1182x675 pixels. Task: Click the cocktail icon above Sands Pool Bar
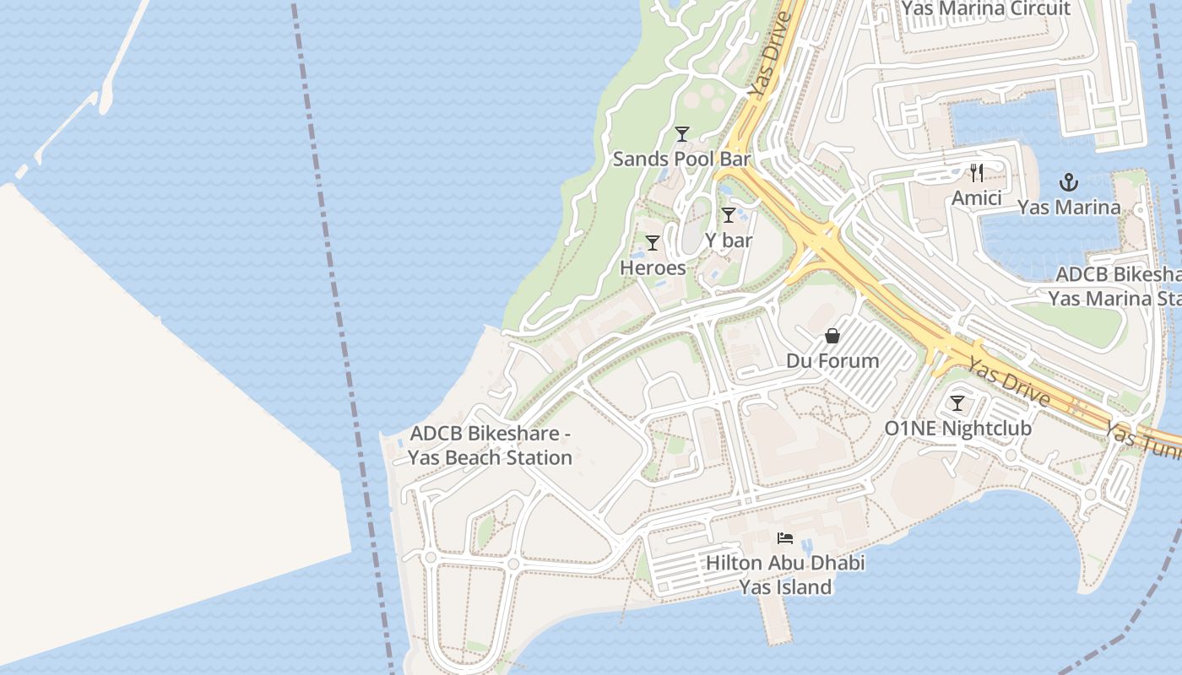click(682, 134)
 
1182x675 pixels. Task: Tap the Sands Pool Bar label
click(681, 159)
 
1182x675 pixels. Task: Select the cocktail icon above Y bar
click(729, 215)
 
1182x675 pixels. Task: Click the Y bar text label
click(729, 240)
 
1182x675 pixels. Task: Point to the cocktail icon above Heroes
click(653, 243)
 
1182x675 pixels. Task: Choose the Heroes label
click(653, 267)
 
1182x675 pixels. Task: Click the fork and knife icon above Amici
click(977, 173)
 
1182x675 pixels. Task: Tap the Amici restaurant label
click(977, 198)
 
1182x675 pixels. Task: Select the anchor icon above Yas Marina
click(1069, 182)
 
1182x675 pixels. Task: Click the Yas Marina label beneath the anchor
click(1069, 208)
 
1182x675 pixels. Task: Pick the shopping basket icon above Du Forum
click(832, 336)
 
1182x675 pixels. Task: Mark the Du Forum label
click(832, 361)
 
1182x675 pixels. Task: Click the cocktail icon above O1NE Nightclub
click(957, 403)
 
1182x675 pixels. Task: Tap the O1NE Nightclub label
click(957, 429)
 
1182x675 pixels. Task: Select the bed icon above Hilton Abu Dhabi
click(785, 537)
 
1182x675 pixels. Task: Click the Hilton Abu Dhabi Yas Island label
click(785, 575)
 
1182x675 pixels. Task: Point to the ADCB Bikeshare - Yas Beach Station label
click(491, 445)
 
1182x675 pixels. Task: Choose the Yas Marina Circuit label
click(985, 9)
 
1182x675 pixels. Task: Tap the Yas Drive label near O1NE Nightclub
click(1008, 381)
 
